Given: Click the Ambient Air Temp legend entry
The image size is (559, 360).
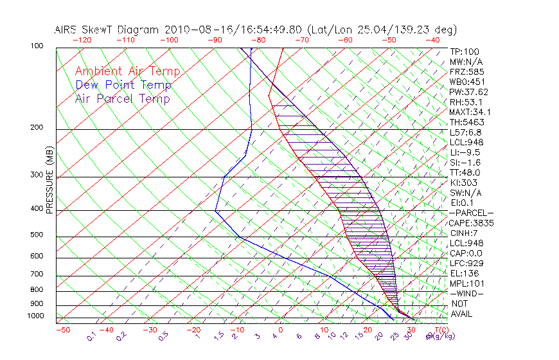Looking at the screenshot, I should (127, 71).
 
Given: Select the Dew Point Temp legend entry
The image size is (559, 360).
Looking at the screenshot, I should (123, 85).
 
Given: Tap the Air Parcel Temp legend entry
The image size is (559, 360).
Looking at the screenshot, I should (122, 98).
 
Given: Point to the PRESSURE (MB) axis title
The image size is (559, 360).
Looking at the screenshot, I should (49, 180).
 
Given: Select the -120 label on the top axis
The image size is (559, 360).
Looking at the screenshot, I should (81, 40).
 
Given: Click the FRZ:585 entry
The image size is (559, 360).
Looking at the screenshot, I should (466, 71).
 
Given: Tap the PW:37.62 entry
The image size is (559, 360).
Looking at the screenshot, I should (468, 92).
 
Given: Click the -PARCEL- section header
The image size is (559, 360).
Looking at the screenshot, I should (471, 213).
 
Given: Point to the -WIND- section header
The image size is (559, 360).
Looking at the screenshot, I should (467, 293).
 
